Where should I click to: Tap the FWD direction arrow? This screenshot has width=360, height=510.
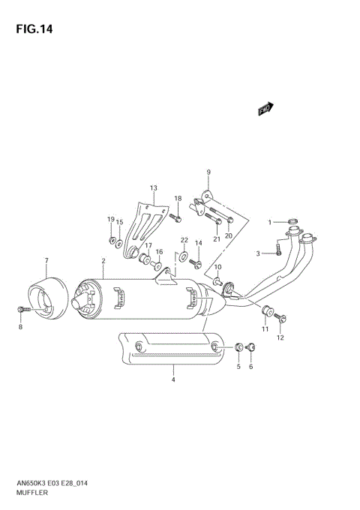point(265,109)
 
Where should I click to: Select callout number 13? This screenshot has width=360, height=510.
point(153,187)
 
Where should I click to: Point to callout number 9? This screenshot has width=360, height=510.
point(208,172)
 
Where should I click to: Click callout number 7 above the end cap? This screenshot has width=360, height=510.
point(46,260)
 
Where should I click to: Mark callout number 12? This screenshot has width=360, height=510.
point(280,337)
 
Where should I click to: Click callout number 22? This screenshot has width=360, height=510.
point(184,240)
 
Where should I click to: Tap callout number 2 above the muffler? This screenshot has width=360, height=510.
point(103,260)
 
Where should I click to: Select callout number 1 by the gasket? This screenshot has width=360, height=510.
point(271,222)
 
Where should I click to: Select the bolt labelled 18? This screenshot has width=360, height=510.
point(175,218)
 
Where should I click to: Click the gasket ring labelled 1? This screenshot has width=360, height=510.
point(292,220)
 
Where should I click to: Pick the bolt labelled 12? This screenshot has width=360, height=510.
point(282,319)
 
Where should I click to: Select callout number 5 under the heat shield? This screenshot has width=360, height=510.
point(239,366)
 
